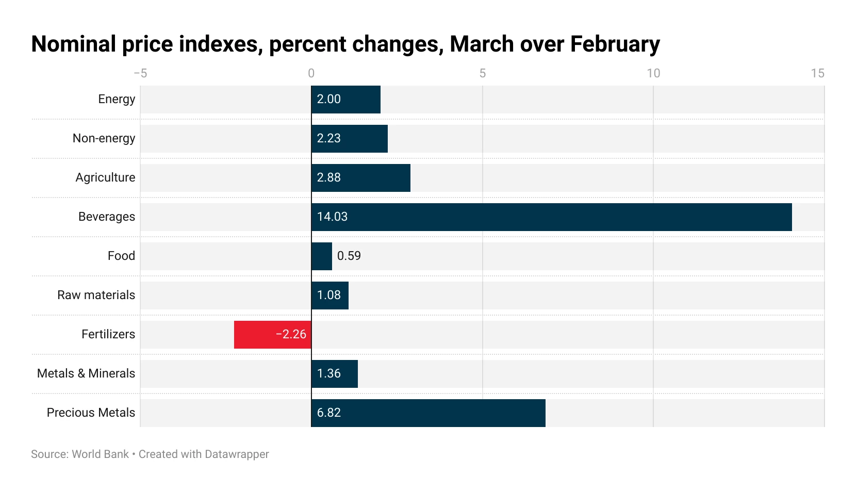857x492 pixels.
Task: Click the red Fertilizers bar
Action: click(273, 335)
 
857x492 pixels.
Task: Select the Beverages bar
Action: click(552, 217)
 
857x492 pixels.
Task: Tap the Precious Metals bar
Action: click(428, 413)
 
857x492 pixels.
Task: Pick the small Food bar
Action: click(322, 256)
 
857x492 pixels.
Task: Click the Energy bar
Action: click(346, 100)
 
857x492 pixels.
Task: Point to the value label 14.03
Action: click(332, 217)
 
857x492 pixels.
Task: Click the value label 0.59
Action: click(349, 256)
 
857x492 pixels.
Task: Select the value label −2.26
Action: click(291, 334)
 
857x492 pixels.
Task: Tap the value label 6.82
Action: click(328, 413)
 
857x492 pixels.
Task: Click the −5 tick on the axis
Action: click(140, 73)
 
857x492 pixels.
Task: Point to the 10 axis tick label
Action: click(653, 73)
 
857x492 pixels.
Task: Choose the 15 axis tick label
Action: click(818, 73)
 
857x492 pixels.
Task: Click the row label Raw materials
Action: click(96, 295)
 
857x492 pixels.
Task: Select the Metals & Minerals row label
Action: click(86, 373)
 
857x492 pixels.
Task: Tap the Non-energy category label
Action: click(104, 138)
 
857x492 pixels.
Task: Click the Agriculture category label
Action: click(105, 177)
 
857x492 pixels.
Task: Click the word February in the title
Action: click(615, 44)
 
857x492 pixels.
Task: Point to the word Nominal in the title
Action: click(73, 44)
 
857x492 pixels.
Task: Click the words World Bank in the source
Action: click(100, 454)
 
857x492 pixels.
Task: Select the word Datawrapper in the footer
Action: click(237, 454)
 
